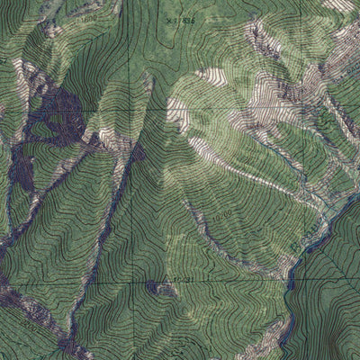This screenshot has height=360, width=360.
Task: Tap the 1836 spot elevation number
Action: (184, 17)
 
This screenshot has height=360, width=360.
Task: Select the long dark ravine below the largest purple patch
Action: (108, 225)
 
